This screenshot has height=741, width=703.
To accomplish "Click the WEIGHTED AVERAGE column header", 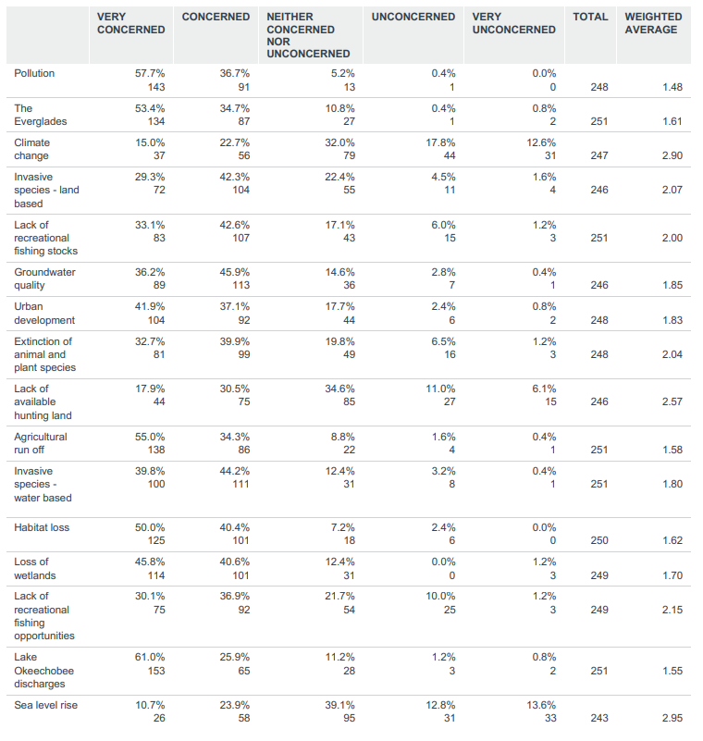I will coord(653,23).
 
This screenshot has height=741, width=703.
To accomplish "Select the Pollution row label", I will coord(34,73).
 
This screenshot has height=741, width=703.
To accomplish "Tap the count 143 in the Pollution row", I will coord(154,87).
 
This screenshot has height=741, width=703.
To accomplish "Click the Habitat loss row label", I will coord(43,527).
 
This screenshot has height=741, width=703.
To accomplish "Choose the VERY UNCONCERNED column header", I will coord(513,23).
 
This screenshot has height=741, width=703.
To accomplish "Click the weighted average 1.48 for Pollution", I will coord(672,87).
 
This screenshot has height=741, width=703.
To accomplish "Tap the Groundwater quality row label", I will coord(44,278).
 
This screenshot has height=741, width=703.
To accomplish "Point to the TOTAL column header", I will coord(590,17).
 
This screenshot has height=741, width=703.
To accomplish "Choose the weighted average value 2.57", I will coord(672,401).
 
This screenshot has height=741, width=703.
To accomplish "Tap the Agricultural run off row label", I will coord(41,443).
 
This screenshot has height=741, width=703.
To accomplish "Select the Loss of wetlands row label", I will coord(33,568).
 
